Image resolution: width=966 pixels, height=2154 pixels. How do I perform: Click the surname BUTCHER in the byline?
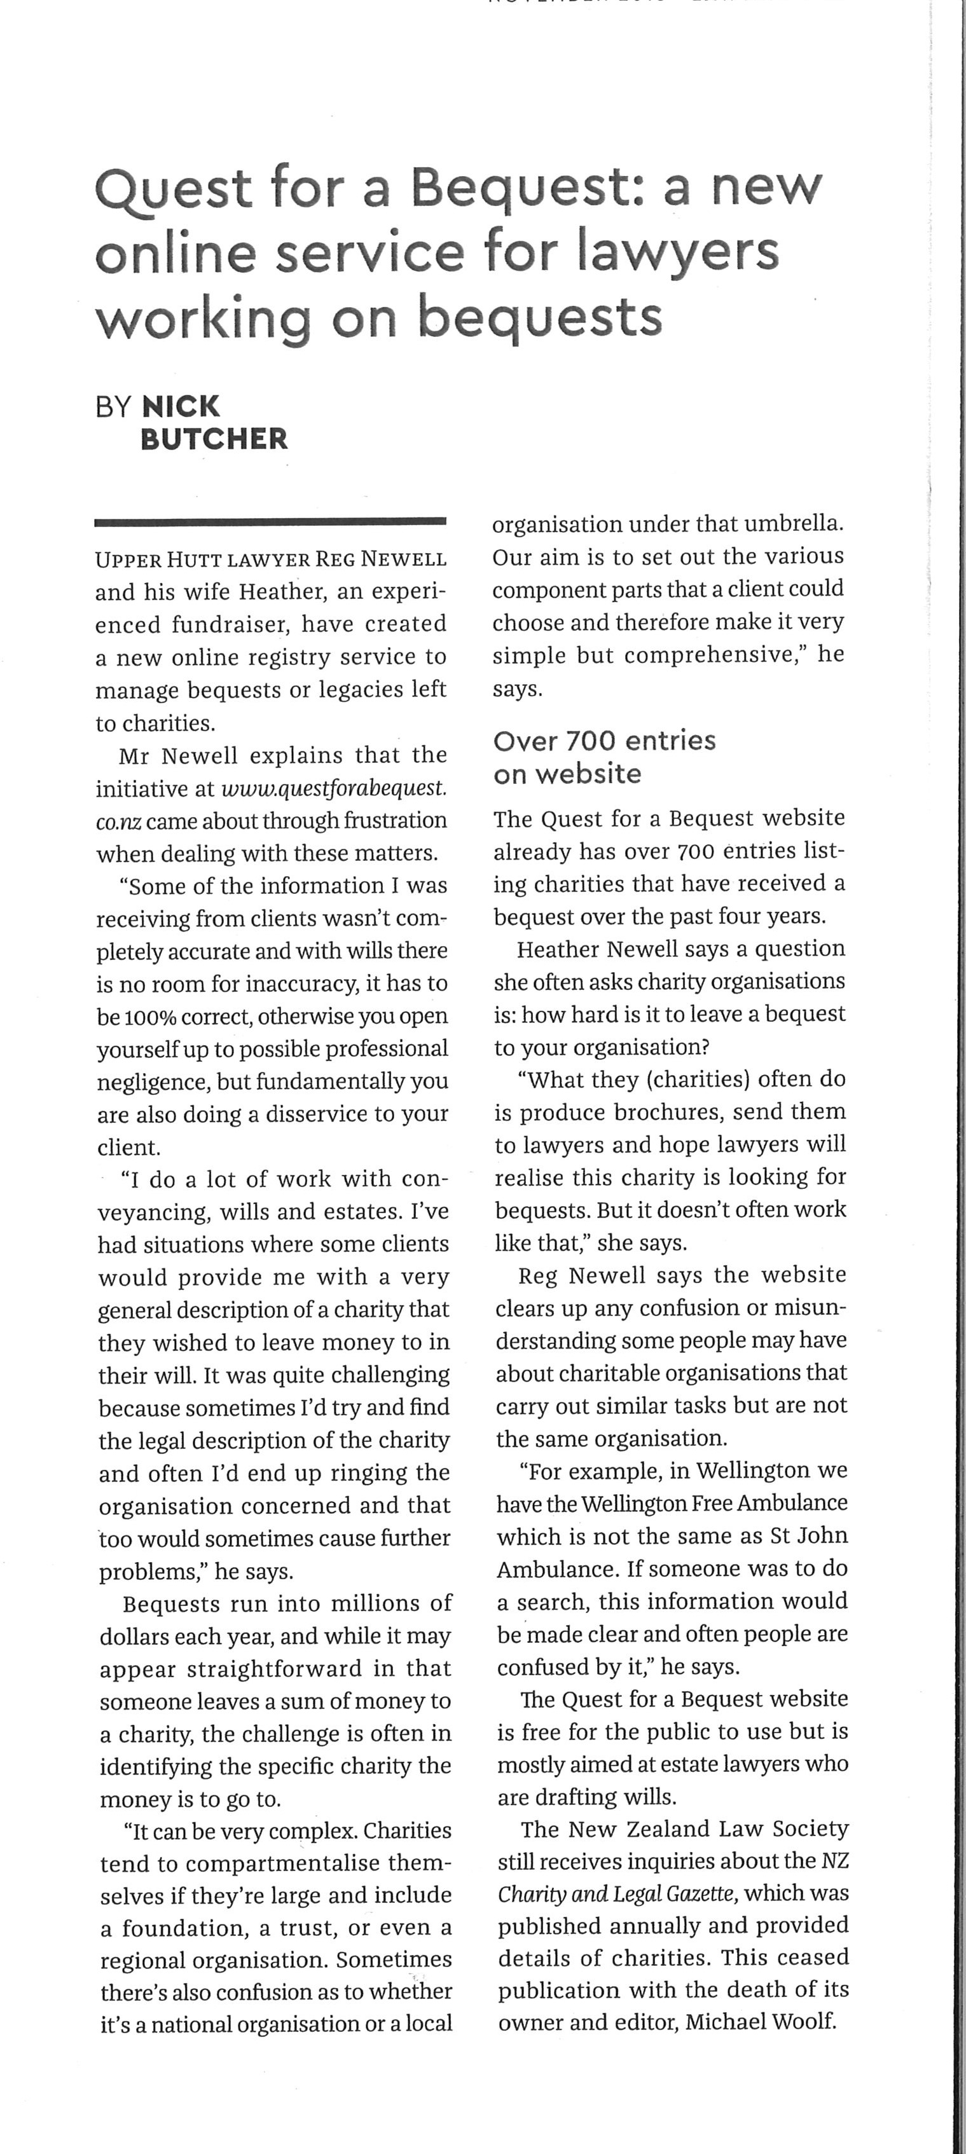[214, 439]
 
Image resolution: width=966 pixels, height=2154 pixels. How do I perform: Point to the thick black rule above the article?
[270, 523]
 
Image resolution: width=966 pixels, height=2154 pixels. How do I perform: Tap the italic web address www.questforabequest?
[334, 788]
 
